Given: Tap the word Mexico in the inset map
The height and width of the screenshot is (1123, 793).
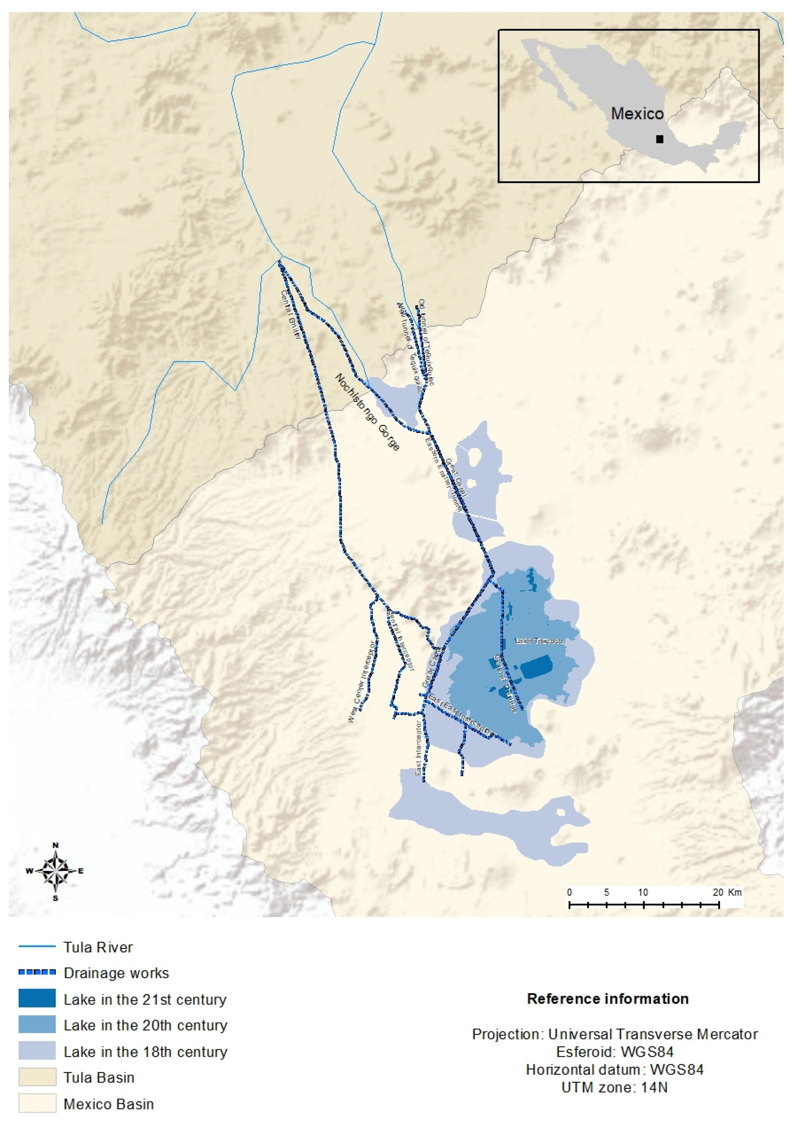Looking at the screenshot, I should [x=637, y=114].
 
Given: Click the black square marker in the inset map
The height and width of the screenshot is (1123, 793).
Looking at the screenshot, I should [x=660, y=139].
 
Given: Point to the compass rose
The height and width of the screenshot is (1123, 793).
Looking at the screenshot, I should [x=56, y=871].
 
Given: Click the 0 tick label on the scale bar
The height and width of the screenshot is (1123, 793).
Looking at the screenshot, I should [x=570, y=892].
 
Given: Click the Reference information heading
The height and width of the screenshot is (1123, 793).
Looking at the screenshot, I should [x=608, y=999].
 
